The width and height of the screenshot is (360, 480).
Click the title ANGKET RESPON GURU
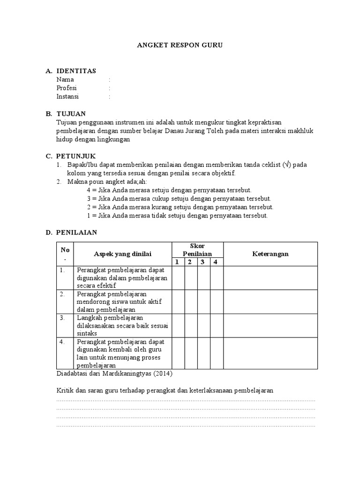[x=180, y=45]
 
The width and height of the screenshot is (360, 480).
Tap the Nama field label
[x=65, y=80]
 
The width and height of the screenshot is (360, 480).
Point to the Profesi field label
[x=67, y=88]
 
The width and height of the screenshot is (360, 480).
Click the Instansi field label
[x=67, y=97]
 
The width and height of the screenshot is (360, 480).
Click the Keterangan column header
[x=270, y=254]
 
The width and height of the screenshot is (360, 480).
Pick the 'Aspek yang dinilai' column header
[x=122, y=254]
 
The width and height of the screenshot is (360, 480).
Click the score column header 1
[x=178, y=262]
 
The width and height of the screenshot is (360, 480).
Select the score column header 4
[x=216, y=262]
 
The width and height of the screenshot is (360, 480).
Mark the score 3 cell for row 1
[x=203, y=278]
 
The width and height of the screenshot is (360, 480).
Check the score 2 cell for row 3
[x=190, y=325]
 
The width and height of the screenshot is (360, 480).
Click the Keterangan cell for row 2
[x=270, y=302]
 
